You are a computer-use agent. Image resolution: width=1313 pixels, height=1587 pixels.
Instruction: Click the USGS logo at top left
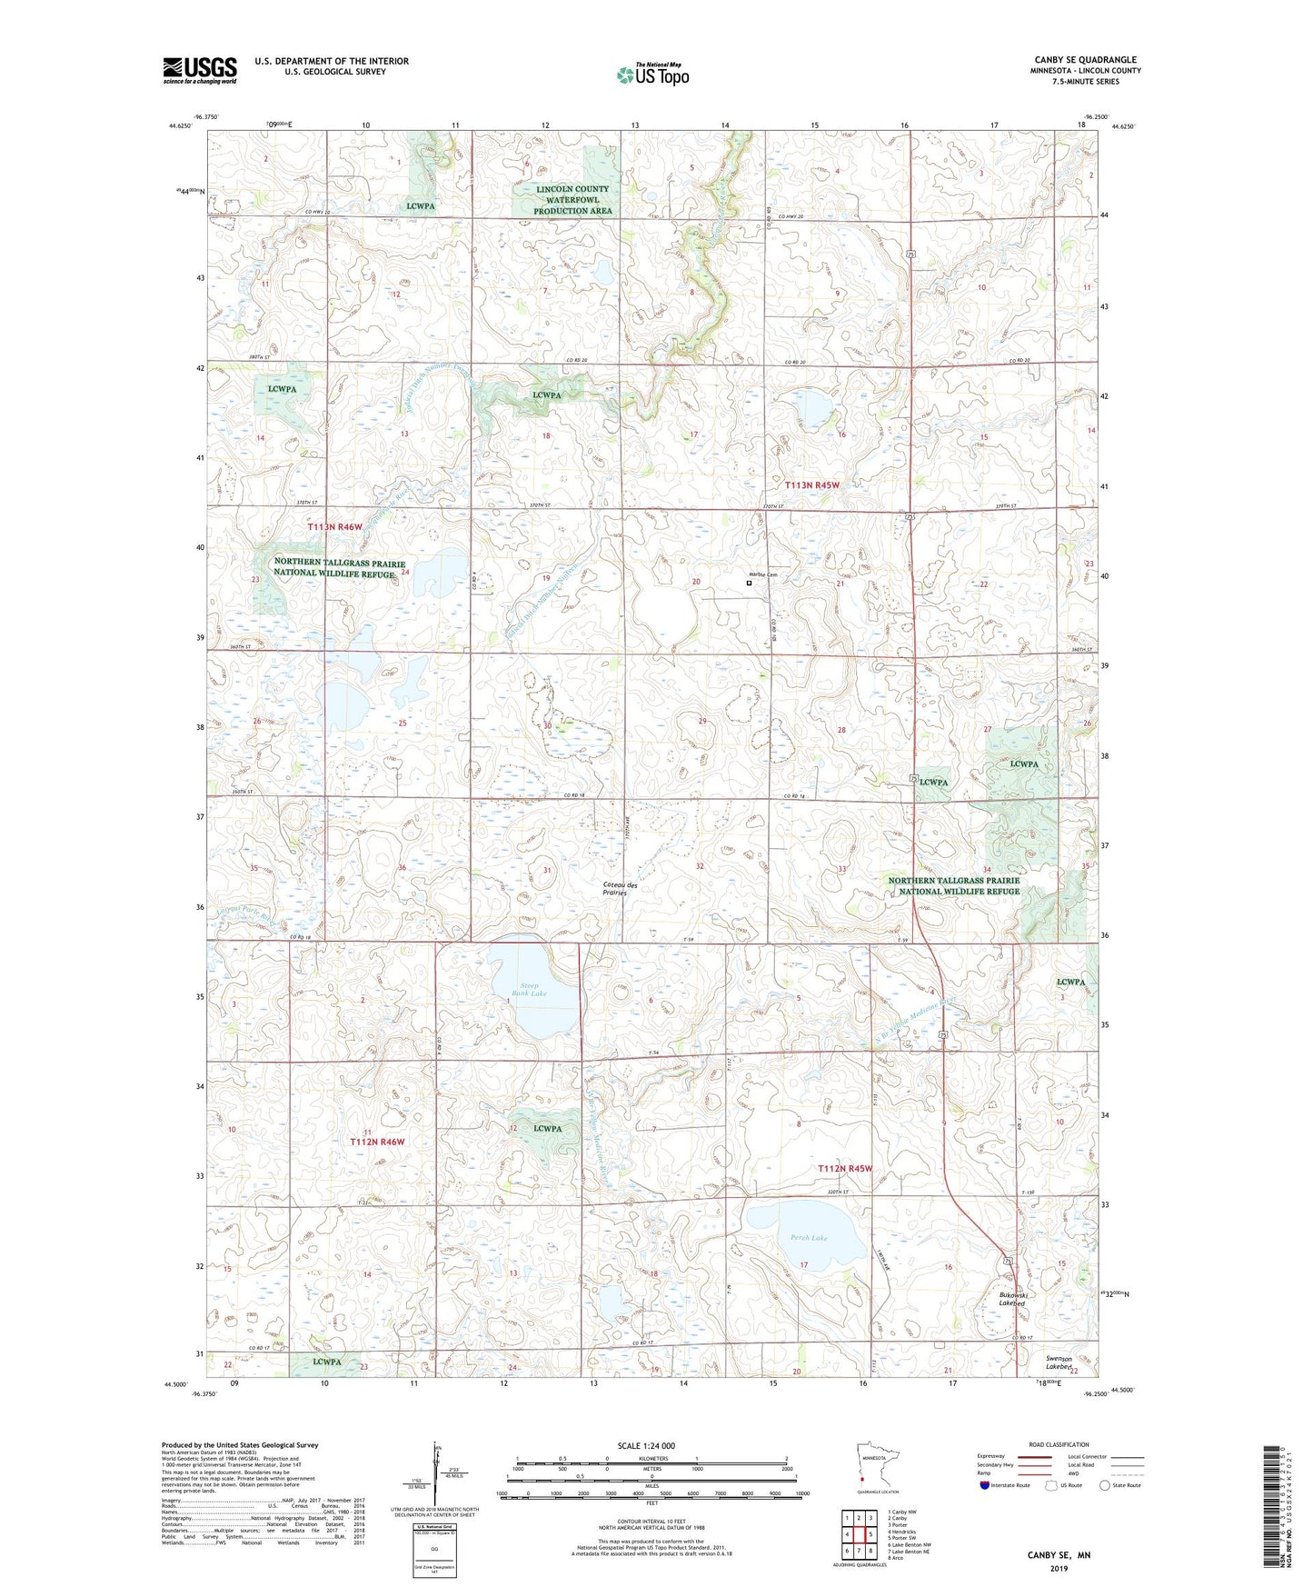[x=200, y=70]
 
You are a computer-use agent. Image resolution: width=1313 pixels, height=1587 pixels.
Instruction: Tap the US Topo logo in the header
[x=652, y=74]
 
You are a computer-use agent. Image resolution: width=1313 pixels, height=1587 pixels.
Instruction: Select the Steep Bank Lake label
[x=529, y=989]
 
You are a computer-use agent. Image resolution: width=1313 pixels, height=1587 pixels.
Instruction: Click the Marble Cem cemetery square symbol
[x=749, y=584]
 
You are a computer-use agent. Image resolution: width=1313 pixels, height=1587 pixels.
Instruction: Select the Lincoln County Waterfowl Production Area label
[x=572, y=200]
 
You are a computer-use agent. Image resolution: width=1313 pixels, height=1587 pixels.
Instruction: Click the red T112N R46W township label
[x=377, y=1142]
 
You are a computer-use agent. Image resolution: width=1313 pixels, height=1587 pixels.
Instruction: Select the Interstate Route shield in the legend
[x=984, y=1485]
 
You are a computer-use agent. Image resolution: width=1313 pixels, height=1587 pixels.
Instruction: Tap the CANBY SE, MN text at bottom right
[x=1059, y=1555]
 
